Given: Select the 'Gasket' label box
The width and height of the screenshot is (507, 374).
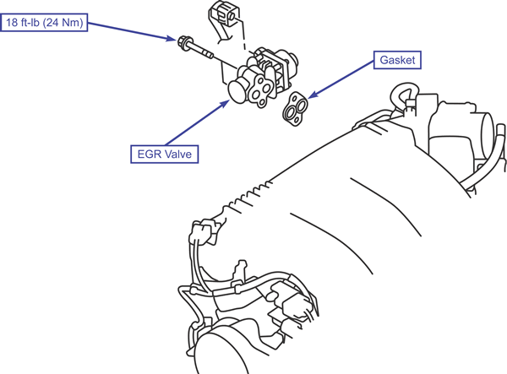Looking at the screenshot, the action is point(397,61).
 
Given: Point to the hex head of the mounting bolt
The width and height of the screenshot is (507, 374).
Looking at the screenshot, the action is point(183,40).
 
